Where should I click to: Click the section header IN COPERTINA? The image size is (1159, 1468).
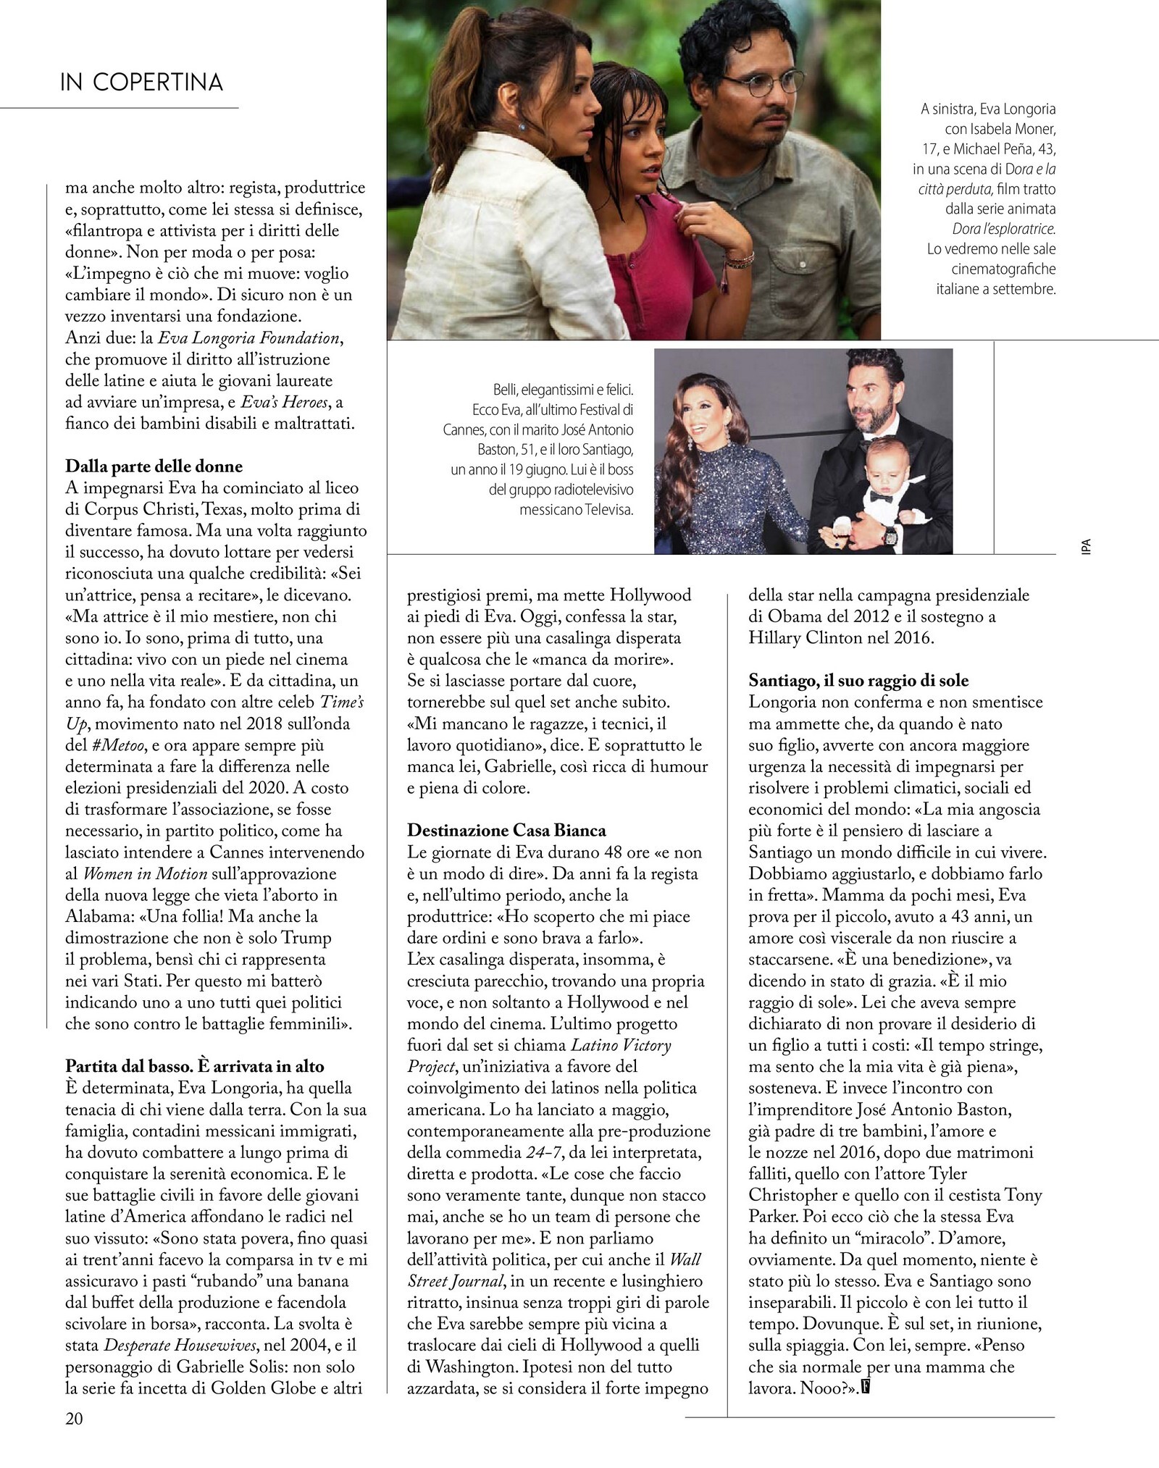point(142,83)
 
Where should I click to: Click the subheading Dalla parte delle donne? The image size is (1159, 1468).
point(154,466)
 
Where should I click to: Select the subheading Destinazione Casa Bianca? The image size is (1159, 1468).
point(506,830)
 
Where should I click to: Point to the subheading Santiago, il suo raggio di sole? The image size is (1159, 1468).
point(858,680)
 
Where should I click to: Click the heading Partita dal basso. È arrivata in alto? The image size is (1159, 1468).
point(194,1066)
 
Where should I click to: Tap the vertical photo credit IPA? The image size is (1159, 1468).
point(1085,546)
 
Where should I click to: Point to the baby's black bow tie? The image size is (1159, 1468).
point(881,497)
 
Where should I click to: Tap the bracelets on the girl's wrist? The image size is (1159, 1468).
point(738,259)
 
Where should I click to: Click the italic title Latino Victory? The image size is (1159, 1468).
point(621,1045)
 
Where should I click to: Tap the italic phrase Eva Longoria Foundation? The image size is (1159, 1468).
point(249,337)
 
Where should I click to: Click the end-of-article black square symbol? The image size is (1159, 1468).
point(863,1388)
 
